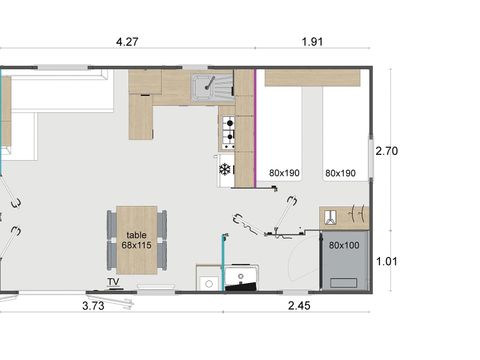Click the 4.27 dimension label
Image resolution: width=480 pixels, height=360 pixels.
tap(126, 42)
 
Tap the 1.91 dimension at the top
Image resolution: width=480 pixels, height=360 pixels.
tap(312, 42)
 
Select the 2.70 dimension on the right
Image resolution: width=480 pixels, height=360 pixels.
tap(387, 151)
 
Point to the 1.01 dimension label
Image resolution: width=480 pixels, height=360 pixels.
tap(387, 261)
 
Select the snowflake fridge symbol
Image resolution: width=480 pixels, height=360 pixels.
tap(224, 169)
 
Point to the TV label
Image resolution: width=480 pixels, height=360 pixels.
tap(114, 282)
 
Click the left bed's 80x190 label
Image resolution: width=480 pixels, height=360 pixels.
tap(285, 173)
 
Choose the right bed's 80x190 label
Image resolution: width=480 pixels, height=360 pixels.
tap(341, 173)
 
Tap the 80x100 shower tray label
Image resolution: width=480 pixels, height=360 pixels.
tap(342, 244)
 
